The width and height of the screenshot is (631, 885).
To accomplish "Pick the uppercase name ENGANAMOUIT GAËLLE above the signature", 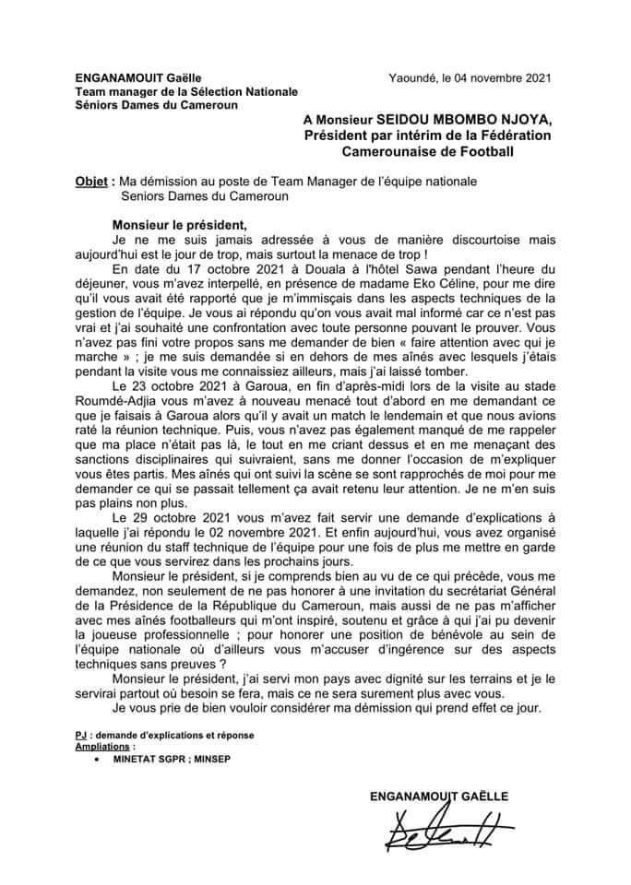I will click(x=438, y=795).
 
